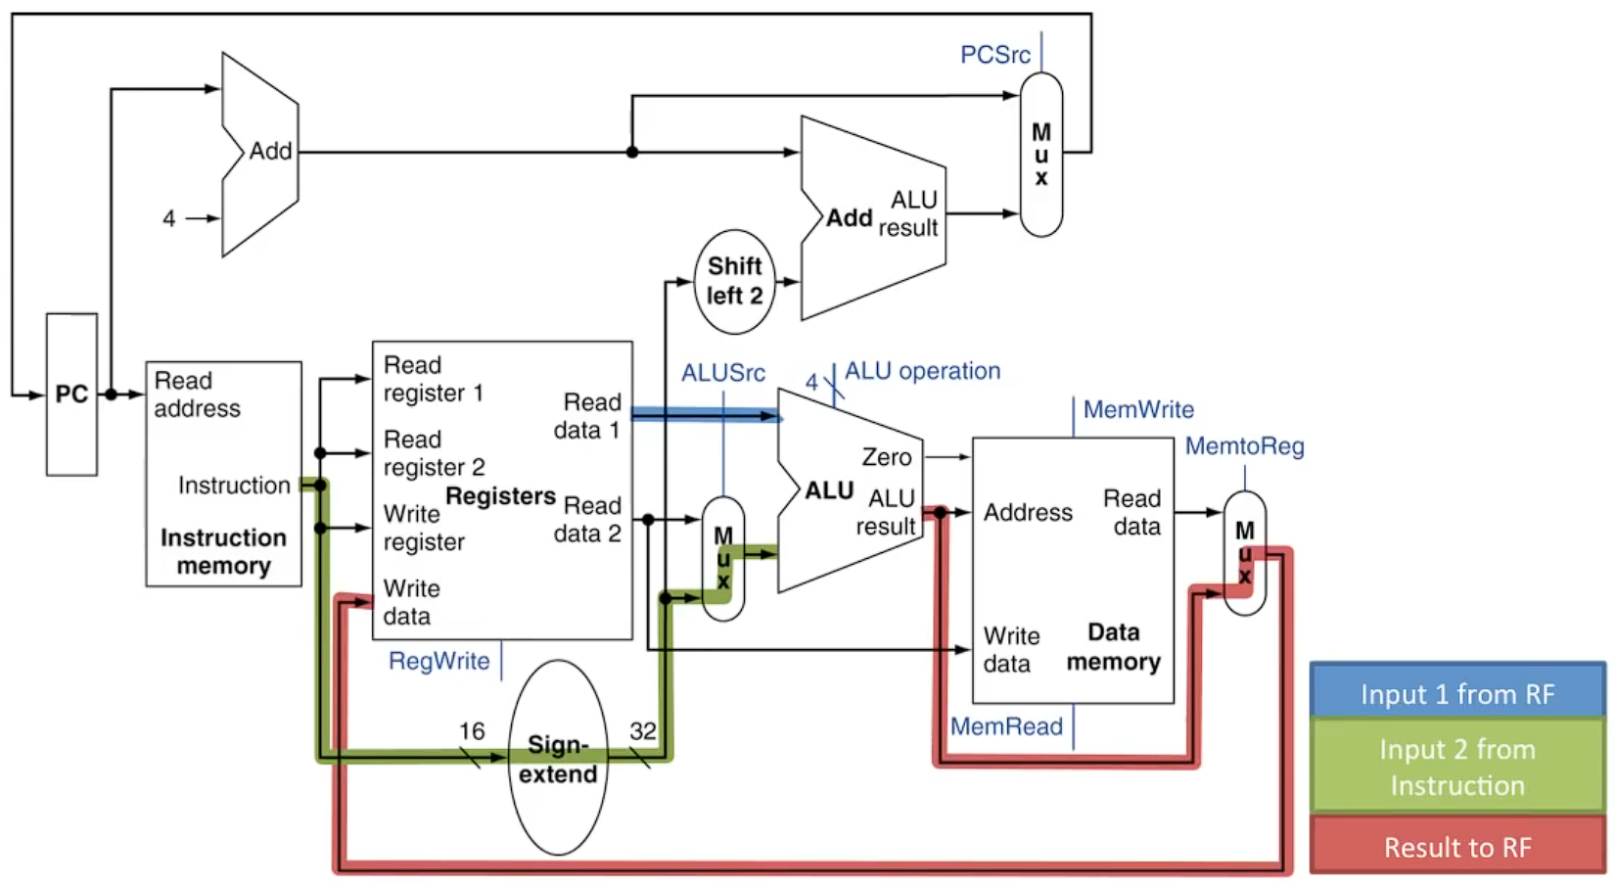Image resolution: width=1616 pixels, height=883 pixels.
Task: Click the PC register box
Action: [x=71, y=395]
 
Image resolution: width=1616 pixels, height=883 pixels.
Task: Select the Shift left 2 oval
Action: [x=734, y=282]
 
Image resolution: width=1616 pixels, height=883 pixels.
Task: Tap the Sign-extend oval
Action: [x=558, y=759]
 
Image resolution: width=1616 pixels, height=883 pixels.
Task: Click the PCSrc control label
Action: [x=994, y=55]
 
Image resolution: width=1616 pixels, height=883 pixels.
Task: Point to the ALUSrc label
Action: [x=723, y=373]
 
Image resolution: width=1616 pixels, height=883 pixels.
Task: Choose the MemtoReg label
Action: [x=1244, y=446]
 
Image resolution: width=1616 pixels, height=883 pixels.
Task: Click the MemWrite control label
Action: [x=1138, y=409]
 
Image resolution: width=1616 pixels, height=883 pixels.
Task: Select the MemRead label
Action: [x=1006, y=726]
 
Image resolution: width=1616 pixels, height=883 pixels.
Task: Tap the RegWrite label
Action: [x=439, y=661]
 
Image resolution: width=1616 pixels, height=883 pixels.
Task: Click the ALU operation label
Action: [x=922, y=371]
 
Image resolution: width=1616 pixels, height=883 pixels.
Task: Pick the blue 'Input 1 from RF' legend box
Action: [x=1456, y=694]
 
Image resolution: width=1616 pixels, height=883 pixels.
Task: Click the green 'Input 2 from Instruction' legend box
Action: [x=1456, y=767]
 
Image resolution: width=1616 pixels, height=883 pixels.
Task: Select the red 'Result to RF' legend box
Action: [x=1456, y=847]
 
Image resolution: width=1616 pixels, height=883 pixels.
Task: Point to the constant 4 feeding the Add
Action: [x=169, y=218]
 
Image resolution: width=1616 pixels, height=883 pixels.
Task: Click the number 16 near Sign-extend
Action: [x=472, y=731]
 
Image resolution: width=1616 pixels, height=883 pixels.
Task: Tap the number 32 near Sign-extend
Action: [x=642, y=731]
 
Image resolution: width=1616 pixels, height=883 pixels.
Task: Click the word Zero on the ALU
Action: [x=886, y=457]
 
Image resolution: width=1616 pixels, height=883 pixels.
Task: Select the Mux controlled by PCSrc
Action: [x=1040, y=155]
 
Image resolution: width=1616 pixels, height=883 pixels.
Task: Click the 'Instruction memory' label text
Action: [x=223, y=551]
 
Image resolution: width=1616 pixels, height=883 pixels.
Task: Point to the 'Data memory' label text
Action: [x=1114, y=647]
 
